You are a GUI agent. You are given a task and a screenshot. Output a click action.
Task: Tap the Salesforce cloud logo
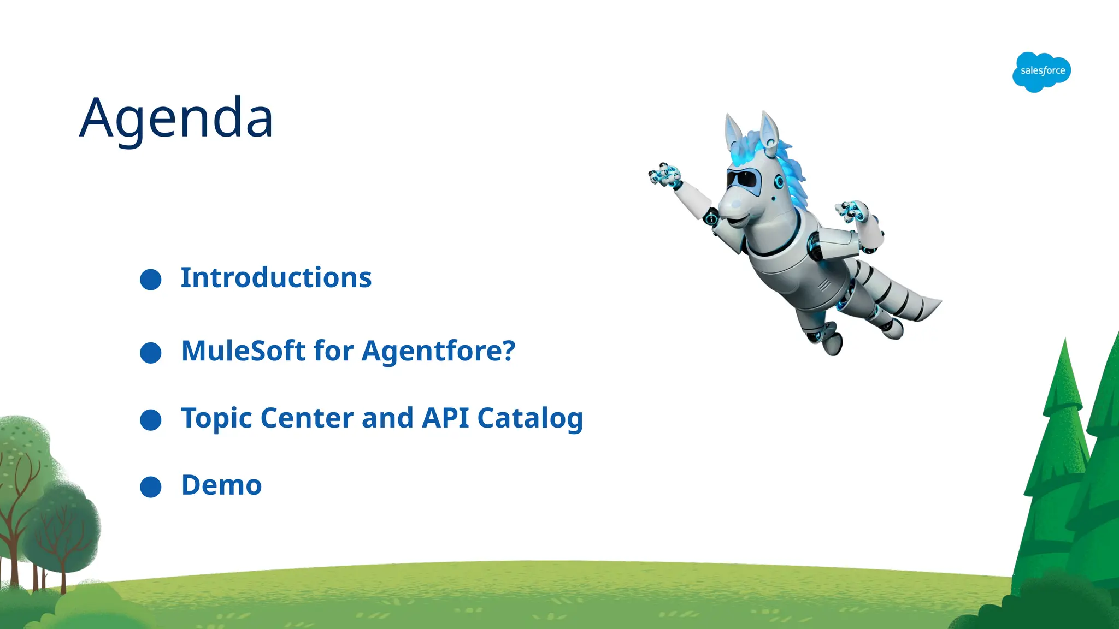point(1041,72)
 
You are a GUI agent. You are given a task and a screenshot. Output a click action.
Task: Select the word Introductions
point(276,278)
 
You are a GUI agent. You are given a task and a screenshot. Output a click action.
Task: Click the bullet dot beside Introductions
point(151,280)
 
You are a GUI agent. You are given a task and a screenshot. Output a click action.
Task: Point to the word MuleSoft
point(243,351)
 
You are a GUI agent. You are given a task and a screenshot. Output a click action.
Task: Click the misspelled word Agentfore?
point(438,352)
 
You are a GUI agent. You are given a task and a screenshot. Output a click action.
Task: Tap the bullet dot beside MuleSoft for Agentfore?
point(151,353)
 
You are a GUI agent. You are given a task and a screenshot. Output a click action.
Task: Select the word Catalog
point(530,419)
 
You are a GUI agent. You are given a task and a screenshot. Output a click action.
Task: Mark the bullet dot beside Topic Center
point(151,420)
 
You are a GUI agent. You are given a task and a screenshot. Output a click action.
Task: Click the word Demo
point(221,485)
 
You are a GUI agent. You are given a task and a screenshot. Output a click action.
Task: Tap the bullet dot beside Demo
point(151,487)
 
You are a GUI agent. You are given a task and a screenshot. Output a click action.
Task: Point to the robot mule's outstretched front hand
point(664,175)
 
